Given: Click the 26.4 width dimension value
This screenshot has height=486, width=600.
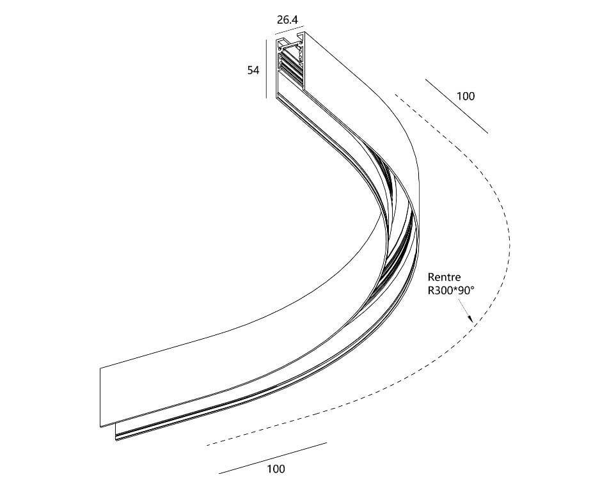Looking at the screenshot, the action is point(287,20).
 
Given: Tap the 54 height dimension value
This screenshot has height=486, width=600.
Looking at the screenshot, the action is point(253,70).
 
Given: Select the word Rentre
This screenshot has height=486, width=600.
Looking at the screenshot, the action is point(444,277).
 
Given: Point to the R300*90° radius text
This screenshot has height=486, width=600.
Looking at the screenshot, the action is point(451,290).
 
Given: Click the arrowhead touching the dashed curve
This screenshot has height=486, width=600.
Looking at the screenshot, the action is point(470,318).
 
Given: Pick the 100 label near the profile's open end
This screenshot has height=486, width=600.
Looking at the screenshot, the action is point(465,96).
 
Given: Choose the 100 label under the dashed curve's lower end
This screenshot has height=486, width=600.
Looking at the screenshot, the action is point(276,468).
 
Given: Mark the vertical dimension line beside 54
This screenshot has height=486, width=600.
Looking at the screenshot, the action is point(266,68).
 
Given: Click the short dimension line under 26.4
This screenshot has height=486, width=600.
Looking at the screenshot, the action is point(290,29).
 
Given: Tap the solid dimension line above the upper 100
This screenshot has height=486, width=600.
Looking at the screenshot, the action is point(456,106).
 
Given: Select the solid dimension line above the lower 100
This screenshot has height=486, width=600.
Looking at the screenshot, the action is point(273,458).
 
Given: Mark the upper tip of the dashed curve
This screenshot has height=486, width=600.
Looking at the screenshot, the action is point(396,94).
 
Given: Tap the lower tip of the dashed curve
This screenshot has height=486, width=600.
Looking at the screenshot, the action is point(207,445).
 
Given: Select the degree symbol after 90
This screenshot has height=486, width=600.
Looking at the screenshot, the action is point(472,287).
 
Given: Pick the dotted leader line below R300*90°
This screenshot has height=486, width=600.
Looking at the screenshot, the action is point(464,310).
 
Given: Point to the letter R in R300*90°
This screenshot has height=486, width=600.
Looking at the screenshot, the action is point(431,290).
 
